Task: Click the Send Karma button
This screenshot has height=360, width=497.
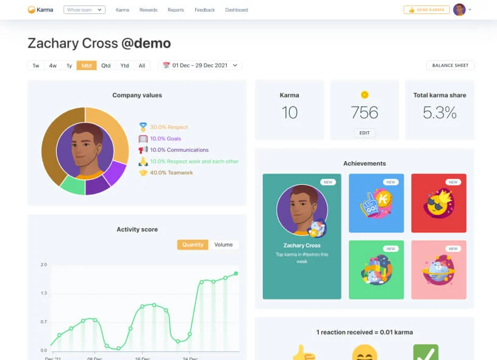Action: [x=426, y=10]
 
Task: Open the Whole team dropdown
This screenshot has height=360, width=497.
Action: [x=84, y=10]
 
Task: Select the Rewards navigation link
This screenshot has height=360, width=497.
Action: [x=148, y=10]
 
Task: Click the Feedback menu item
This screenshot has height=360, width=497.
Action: [x=204, y=10]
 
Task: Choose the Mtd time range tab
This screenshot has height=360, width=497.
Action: [x=87, y=65]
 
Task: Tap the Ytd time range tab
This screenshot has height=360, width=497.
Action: [x=124, y=65]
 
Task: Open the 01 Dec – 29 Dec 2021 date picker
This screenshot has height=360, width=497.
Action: [x=200, y=65]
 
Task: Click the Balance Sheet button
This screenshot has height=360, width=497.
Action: [x=450, y=65]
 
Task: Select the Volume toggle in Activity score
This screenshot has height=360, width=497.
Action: [x=223, y=245]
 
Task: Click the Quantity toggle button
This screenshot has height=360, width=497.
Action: [x=193, y=245]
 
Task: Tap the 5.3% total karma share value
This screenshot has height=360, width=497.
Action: [x=440, y=112]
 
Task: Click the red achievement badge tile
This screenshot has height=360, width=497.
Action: [x=438, y=203]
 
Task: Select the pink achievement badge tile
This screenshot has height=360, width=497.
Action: [x=438, y=270]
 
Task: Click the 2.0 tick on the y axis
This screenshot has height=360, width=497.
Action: [x=43, y=265]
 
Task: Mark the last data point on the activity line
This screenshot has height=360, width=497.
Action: [x=236, y=273]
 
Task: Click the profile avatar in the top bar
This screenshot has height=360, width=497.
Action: [x=459, y=10]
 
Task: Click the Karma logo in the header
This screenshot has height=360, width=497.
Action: [x=40, y=10]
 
